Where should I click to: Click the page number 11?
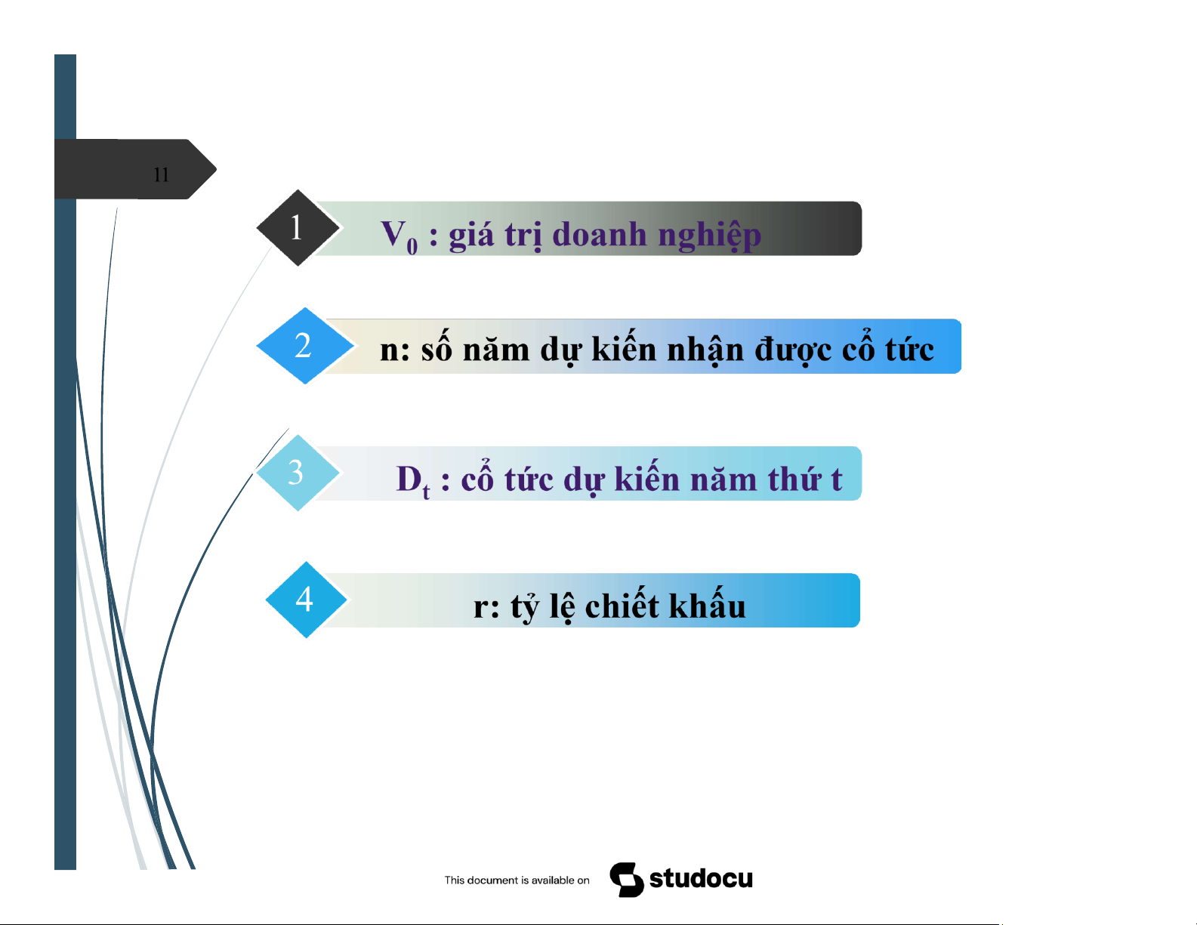(x=161, y=174)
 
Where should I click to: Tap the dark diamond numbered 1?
(x=298, y=227)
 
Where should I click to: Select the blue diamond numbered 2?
(x=304, y=346)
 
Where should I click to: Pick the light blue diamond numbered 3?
(x=298, y=473)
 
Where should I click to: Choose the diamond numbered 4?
(x=307, y=600)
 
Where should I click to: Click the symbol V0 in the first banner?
(x=400, y=236)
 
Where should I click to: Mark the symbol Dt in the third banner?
(x=413, y=480)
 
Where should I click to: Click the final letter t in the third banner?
(x=837, y=479)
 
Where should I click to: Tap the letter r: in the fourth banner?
(x=486, y=607)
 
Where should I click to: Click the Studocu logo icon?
(x=627, y=879)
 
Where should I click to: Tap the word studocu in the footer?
(x=702, y=879)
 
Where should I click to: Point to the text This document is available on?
(x=517, y=880)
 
